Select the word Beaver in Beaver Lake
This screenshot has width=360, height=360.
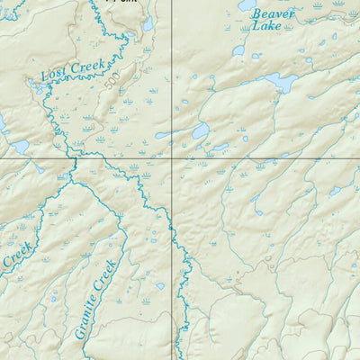[x=273, y=14]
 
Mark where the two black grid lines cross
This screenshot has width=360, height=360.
[x=173, y=158]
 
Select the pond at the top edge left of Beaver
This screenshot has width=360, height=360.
[x=247, y=5]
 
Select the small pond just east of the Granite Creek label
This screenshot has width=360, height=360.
[x=160, y=286]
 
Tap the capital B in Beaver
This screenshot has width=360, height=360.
[x=256, y=14]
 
